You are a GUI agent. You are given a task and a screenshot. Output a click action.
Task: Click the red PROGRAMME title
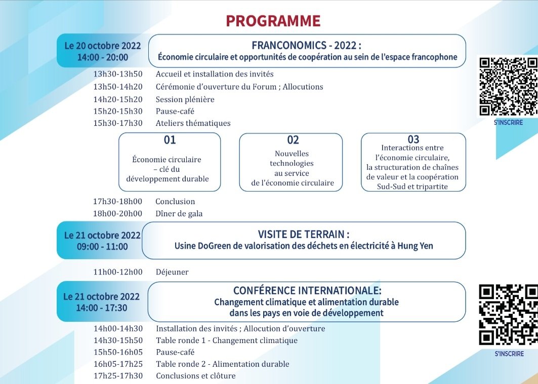point(273,21)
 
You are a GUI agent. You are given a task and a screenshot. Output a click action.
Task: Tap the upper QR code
point(509,87)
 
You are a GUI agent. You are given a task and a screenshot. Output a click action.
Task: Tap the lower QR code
point(509,315)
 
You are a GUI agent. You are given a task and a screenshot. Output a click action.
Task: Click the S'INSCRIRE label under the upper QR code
point(509,122)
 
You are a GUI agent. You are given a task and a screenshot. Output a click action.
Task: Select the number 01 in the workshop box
point(170,140)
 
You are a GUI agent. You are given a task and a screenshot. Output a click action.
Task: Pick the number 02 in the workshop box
point(293,140)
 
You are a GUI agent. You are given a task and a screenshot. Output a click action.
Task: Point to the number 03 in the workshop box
point(413,139)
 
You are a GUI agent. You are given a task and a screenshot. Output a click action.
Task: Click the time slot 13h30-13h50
point(118,74)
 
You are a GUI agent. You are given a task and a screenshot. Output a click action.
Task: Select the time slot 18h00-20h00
point(117,213)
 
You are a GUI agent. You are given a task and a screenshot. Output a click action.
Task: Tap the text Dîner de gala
point(179,214)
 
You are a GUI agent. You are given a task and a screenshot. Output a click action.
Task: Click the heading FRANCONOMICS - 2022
point(306,45)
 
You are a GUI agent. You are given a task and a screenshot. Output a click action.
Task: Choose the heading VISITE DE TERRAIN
point(304,234)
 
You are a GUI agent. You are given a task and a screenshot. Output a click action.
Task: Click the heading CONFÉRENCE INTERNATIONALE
point(307,291)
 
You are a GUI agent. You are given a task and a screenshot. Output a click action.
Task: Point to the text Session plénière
point(185,100)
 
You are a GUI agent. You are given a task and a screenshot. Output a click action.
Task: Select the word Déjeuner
point(172,272)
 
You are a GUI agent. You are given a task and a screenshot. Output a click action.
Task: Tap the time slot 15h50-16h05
point(118,352)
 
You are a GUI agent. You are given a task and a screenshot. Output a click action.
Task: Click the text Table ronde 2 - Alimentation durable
point(223,364)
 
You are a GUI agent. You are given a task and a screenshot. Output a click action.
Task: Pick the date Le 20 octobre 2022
point(103,45)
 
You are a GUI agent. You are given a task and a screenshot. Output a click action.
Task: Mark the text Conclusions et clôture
point(195,376)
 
